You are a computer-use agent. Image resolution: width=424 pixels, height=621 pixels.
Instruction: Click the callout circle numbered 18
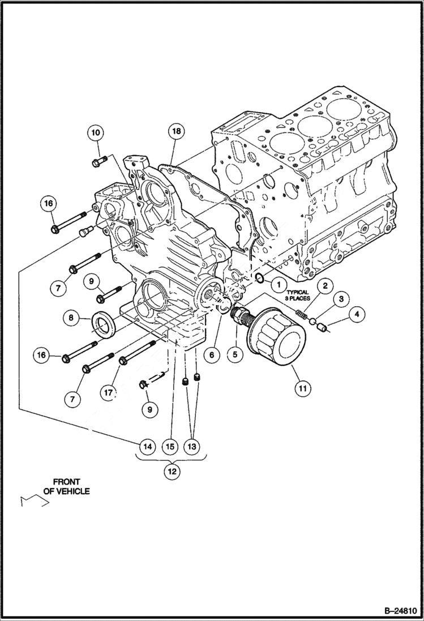[176, 131]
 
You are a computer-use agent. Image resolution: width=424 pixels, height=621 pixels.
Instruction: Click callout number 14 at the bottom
[147, 447]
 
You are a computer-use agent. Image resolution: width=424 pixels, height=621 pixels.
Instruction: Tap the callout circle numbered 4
[357, 313]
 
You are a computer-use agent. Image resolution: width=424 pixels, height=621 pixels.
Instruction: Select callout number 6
[211, 355]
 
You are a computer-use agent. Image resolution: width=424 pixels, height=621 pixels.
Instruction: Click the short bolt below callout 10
[96, 163]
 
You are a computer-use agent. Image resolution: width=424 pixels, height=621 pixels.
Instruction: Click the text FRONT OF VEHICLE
[66, 487]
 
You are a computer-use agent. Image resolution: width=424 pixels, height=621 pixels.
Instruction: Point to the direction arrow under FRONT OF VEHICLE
[31, 500]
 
